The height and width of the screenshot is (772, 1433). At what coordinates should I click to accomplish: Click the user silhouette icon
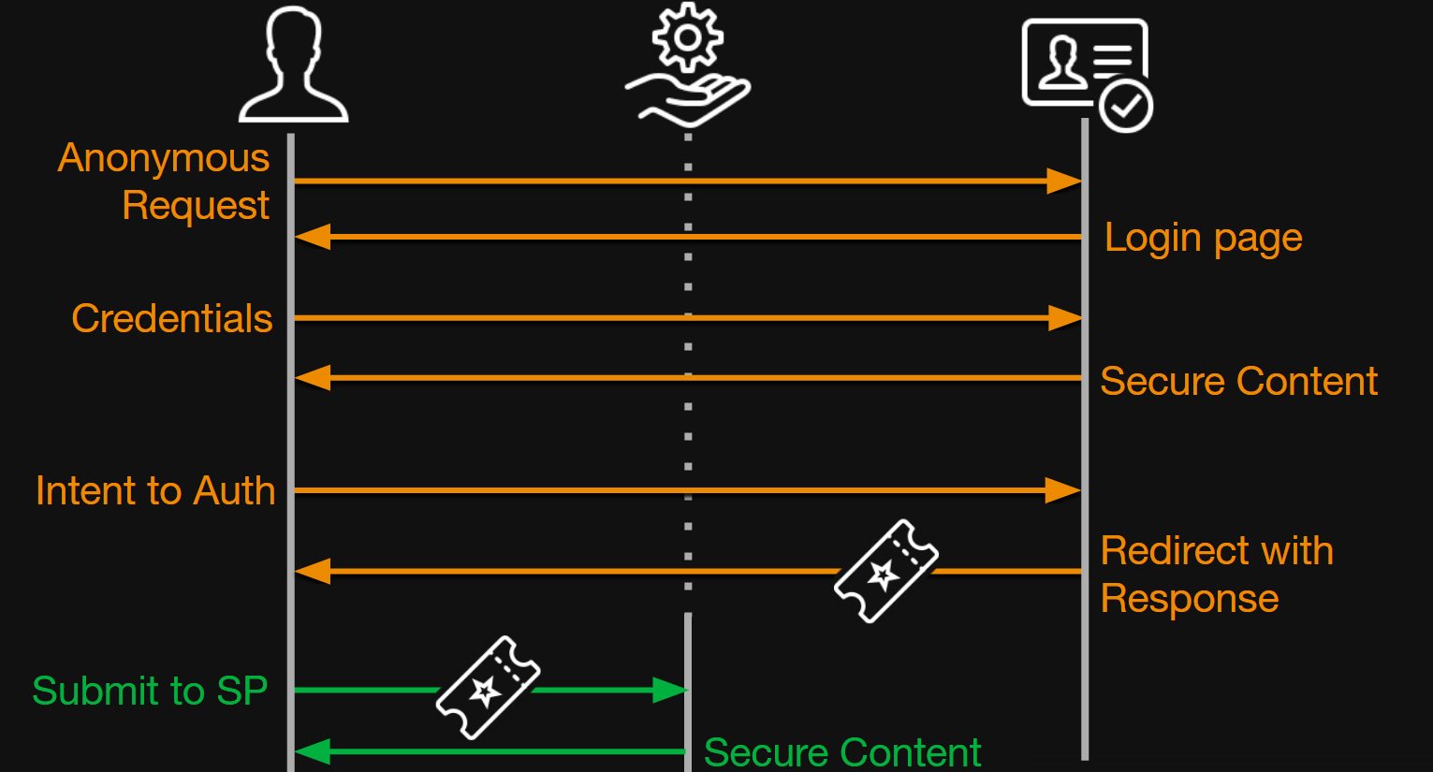(293, 66)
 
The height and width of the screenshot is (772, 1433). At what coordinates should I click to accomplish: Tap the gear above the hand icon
(688, 37)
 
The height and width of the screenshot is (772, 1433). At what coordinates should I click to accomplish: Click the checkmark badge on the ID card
(1126, 107)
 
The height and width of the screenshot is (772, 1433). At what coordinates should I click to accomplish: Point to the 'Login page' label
(1203, 238)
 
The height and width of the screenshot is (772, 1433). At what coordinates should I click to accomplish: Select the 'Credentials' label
(172, 319)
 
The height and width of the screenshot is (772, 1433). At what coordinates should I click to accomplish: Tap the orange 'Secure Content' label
(1238, 382)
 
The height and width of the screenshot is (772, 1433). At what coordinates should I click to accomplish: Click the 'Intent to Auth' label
(155, 491)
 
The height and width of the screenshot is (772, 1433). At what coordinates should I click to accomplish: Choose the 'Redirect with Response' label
(1216, 575)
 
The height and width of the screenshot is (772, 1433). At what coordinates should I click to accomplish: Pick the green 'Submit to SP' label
(150, 692)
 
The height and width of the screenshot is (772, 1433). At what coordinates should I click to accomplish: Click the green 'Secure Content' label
(841, 752)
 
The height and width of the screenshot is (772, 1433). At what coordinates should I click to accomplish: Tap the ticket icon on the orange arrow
(885, 571)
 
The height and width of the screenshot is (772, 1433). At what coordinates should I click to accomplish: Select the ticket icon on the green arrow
(488, 688)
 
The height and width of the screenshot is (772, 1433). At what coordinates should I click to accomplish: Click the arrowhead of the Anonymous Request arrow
(1063, 182)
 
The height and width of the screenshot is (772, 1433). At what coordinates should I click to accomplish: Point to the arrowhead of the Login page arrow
(314, 237)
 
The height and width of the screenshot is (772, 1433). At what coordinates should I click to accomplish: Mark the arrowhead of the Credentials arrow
(1064, 318)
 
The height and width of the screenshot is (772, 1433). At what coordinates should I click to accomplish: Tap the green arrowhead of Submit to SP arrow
(669, 691)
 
